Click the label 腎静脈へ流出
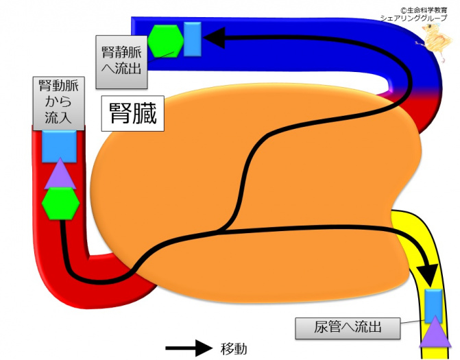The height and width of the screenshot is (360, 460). (x=121, y=62)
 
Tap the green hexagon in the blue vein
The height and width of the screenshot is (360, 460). (x=166, y=40)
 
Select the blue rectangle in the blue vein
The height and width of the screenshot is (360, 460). (x=192, y=39)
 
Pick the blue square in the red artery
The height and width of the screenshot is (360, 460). (x=59, y=146)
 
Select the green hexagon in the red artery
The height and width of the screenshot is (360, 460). (x=60, y=204)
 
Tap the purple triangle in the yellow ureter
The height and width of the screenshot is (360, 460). (x=435, y=334)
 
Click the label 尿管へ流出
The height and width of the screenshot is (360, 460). (x=348, y=328)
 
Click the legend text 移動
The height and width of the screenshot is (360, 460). (x=233, y=348)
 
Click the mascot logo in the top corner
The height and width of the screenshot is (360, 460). (x=436, y=42)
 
